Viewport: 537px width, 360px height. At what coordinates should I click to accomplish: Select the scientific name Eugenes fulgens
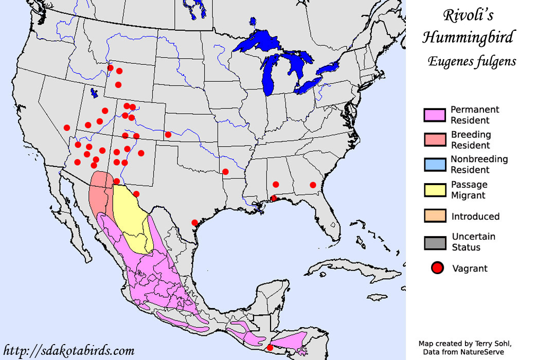[472, 61]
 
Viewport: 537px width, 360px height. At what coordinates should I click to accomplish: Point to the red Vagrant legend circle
[437, 268]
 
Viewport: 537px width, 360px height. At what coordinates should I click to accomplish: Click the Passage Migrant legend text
[469, 190]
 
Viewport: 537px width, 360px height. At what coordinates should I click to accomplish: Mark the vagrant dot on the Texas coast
[194, 223]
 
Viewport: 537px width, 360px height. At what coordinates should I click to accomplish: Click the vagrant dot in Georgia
[313, 185]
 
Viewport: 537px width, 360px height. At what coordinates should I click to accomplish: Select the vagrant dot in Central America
[270, 348]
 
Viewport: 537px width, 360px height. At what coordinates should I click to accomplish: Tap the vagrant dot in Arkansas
[225, 172]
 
